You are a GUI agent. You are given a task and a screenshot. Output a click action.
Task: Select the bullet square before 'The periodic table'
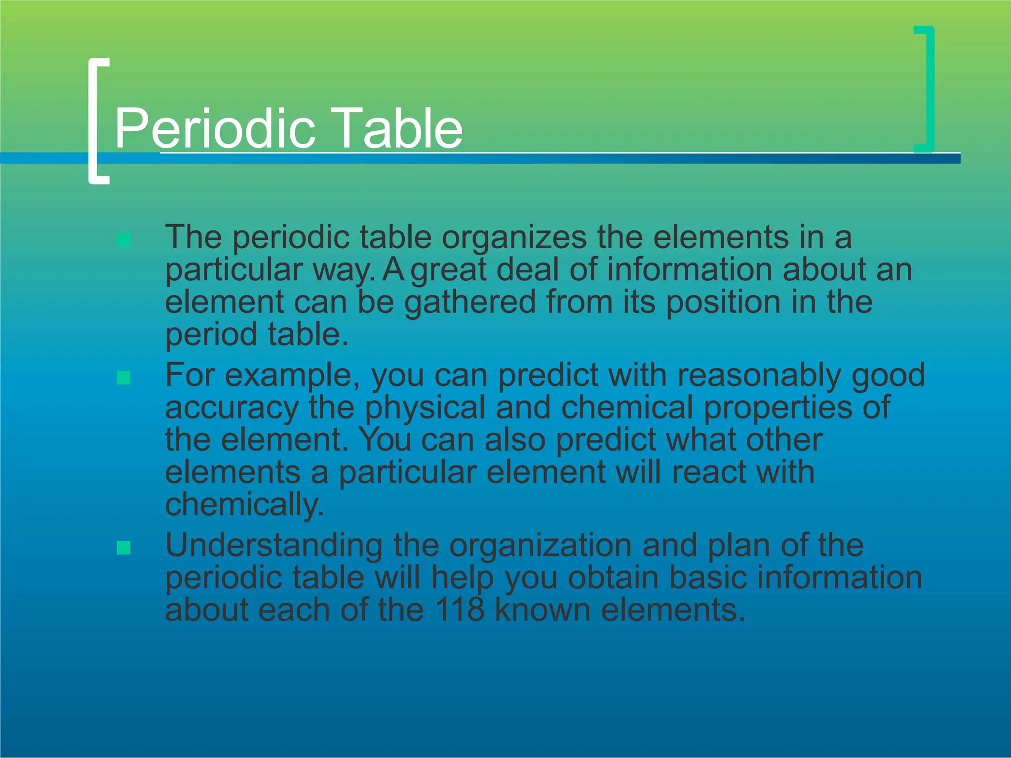pos(123,240)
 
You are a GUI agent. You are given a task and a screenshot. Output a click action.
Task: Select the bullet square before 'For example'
pos(123,378)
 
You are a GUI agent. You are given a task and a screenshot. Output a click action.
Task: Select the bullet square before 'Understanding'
pos(123,548)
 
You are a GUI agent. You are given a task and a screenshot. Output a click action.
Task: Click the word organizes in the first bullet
pos(514,238)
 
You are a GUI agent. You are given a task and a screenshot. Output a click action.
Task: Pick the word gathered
pos(470,302)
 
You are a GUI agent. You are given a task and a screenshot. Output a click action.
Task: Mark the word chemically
pos(244,505)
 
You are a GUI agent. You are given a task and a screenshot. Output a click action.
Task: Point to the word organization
pos(541,546)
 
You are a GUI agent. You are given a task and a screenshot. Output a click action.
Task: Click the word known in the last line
pos(543,610)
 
